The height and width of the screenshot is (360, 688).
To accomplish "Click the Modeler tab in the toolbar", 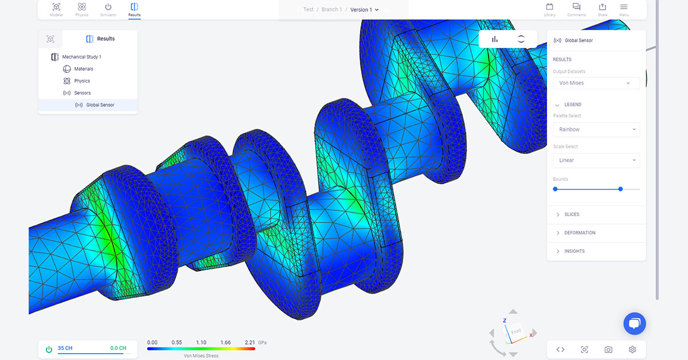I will [56, 9].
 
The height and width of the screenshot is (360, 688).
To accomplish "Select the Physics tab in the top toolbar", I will [82, 9].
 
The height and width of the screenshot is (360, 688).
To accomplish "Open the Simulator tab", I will [108, 9].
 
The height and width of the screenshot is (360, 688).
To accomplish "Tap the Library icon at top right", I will [549, 9].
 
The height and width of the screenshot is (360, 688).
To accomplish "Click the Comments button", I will [576, 9].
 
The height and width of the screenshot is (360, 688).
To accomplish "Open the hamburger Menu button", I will [624, 9].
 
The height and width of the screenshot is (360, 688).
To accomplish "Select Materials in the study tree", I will [83, 69].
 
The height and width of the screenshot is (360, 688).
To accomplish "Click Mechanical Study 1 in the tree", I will [81, 57].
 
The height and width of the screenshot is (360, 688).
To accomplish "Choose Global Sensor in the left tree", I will [100, 105].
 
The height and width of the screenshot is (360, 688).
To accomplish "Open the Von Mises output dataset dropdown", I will [596, 83].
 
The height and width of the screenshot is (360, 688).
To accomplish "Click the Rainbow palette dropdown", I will [596, 130].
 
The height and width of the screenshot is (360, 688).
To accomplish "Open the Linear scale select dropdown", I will [596, 161].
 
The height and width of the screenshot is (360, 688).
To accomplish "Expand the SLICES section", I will [572, 214].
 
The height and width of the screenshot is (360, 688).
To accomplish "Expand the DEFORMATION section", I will [580, 233].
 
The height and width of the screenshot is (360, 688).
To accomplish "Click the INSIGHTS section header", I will [574, 251].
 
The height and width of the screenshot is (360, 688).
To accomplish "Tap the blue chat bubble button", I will [634, 323].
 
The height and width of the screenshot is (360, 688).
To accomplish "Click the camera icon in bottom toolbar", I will [608, 350].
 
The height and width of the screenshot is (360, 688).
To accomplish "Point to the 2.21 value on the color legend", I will [250, 342].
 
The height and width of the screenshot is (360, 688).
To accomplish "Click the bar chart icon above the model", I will [494, 39].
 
